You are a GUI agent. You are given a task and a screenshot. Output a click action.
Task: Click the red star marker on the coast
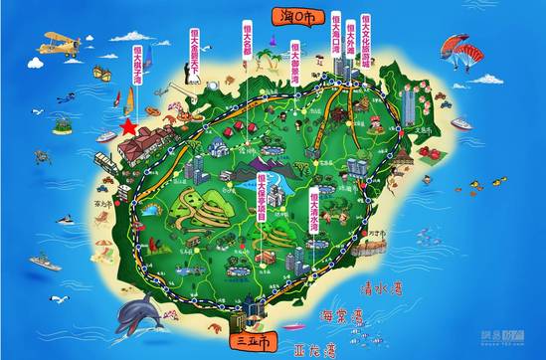(127, 126)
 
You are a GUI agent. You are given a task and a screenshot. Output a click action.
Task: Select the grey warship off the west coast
(46, 264)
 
